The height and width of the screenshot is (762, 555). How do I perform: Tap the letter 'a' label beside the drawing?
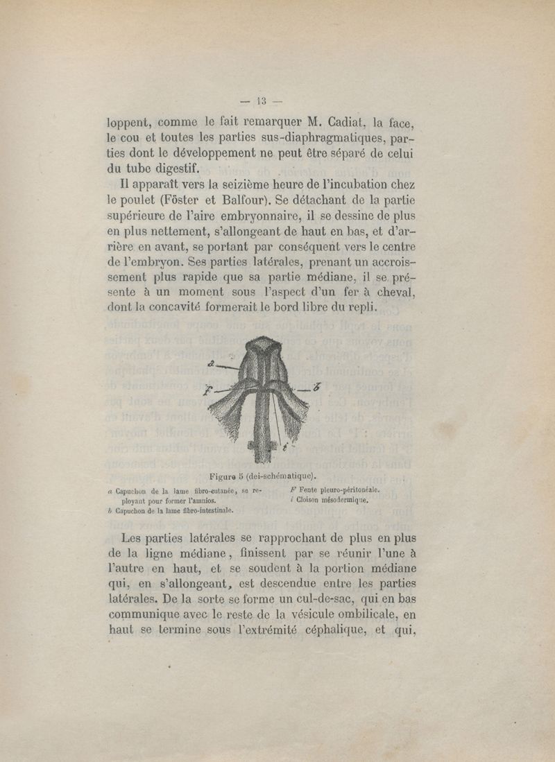coord(210,363)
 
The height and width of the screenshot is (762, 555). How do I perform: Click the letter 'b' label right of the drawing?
coord(316,387)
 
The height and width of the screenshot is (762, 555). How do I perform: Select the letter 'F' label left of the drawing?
coord(206,390)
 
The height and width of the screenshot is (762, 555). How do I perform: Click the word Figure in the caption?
coord(223,476)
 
